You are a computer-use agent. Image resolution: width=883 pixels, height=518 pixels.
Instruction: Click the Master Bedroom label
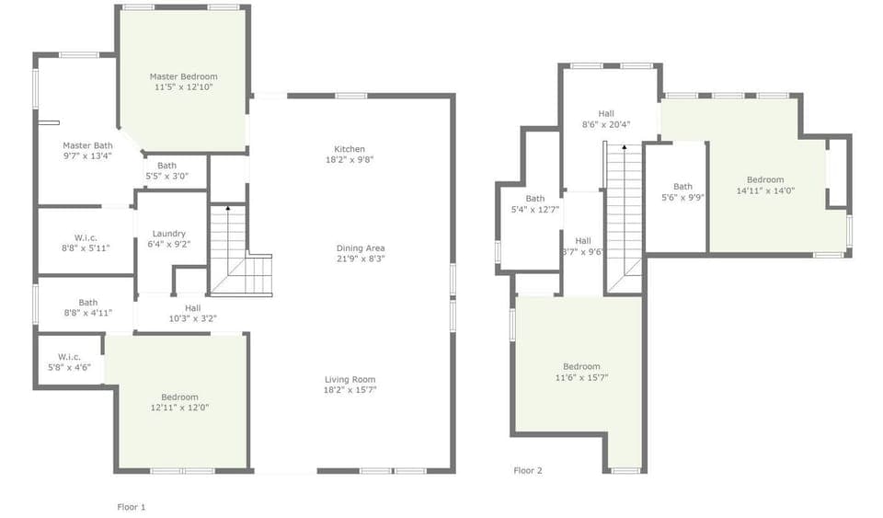(x=184, y=76)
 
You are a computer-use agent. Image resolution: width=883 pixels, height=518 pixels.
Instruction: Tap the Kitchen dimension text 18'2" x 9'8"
(x=349, y=160)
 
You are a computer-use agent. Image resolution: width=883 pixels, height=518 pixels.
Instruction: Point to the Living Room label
(x=350, y=379)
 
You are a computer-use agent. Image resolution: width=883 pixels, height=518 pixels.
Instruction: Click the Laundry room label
(x=167, y=234)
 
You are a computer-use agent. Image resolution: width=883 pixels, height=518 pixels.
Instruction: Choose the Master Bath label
(x=88, y=145)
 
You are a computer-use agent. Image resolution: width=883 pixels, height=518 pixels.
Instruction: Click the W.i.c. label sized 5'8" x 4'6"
(x=70, y=356)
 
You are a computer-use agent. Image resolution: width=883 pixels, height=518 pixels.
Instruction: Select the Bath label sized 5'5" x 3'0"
(x=166, y=166)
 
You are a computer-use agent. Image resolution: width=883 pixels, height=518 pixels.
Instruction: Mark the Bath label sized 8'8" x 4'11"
(x=88, y=302)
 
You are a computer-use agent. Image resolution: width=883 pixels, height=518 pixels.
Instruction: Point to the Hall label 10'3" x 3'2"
(x=192, y=308)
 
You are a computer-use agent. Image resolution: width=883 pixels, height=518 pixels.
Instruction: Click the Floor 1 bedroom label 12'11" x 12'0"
(x=179, y=397)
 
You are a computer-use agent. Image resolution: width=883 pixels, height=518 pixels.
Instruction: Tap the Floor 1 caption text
(x=132, y=507)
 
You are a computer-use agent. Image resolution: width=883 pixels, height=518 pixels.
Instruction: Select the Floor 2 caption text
(x=528, y=470)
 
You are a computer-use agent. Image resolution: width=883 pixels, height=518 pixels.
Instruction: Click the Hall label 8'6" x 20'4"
(x=606, y=113)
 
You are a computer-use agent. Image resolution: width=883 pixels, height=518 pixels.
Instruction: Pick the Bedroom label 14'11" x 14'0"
(x=765, y=179)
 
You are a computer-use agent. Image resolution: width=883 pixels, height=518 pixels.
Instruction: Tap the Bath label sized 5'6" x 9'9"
(x=682, y=187)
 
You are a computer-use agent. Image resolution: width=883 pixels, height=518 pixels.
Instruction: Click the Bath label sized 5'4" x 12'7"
(x=535, y=199)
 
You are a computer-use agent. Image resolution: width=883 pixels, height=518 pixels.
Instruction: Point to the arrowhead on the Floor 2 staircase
(x=625, y=146)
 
